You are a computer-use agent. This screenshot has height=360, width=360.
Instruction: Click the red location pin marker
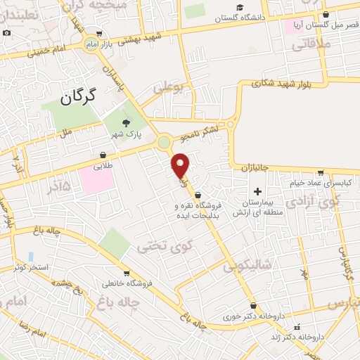tap(180, 165)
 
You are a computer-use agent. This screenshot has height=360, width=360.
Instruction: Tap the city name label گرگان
tap(77, 97)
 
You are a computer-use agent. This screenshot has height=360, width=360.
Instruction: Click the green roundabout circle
tap(165, 143)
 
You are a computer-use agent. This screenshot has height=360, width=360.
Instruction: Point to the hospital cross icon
tap(257, 191)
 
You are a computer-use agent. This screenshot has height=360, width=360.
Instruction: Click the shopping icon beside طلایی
tap(103, 155)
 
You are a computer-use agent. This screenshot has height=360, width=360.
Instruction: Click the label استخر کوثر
tap(31, 267)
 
